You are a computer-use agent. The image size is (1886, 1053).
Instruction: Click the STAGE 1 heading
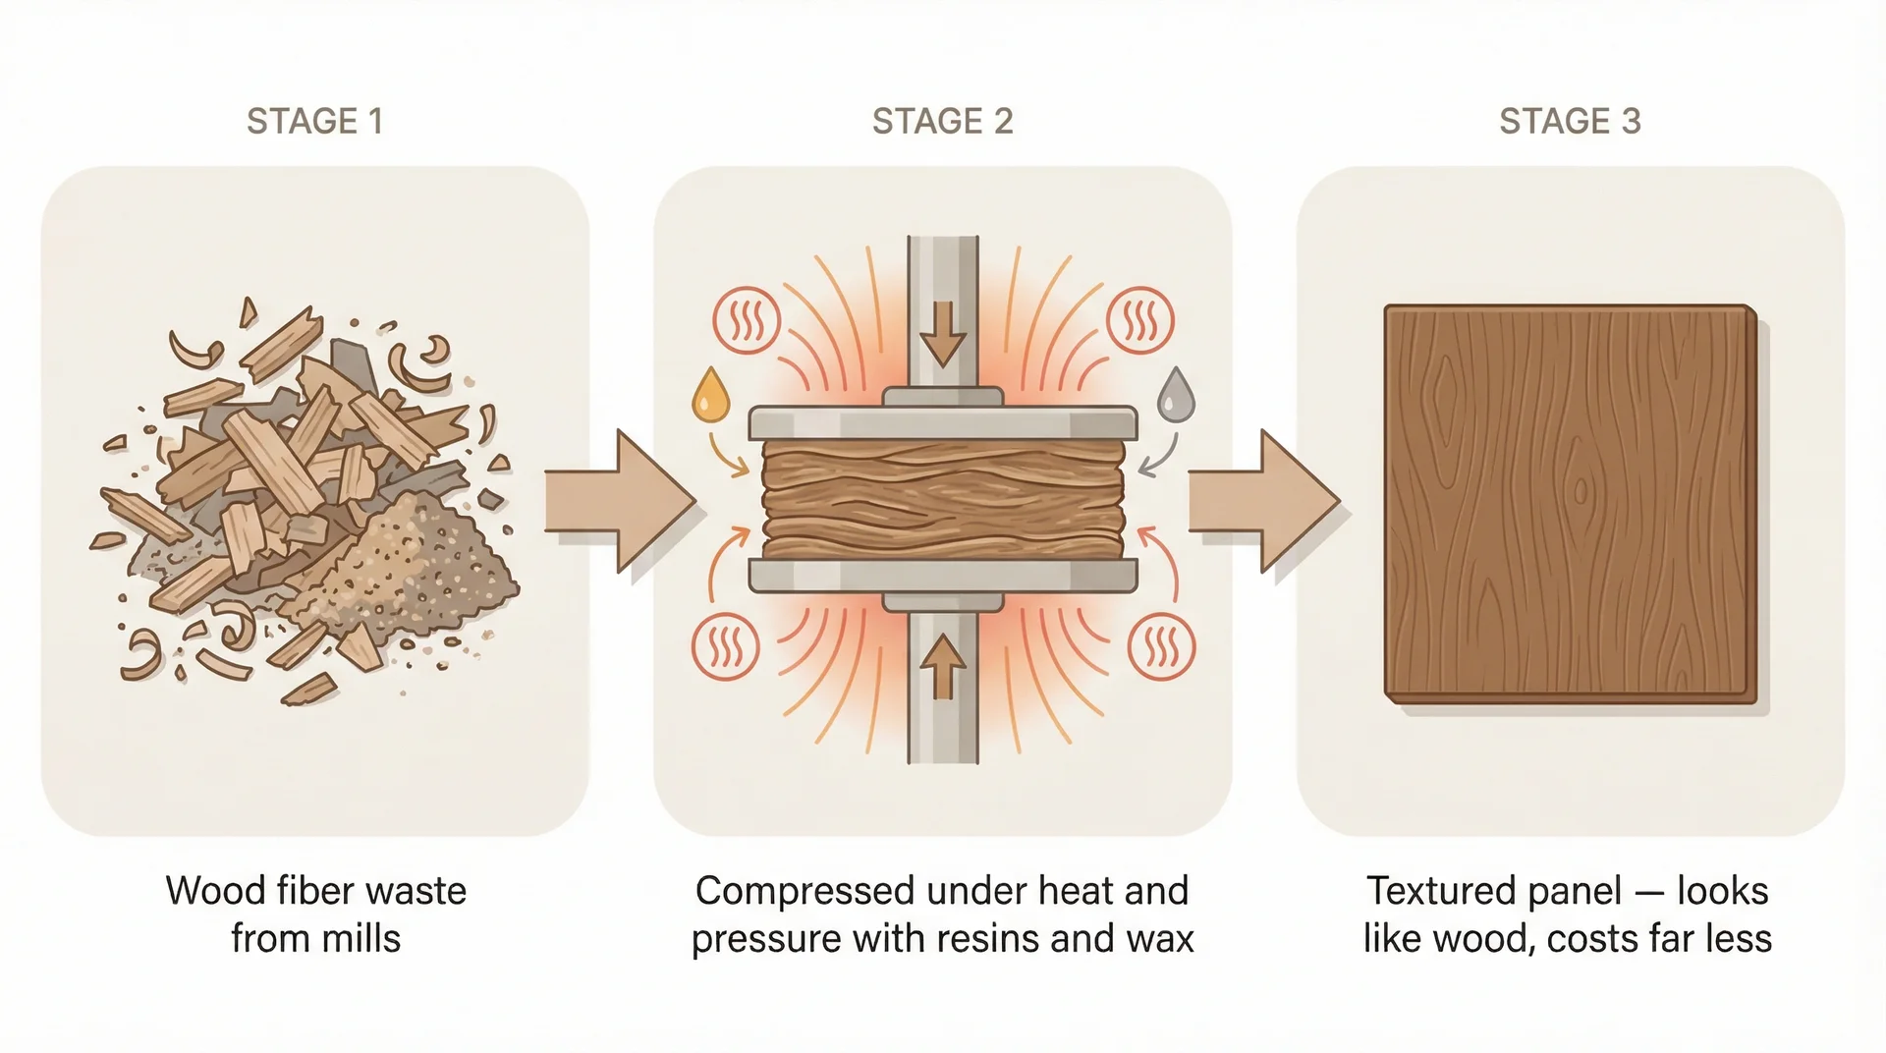(x=314, y=121)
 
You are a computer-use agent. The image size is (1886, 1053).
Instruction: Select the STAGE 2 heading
(x=942, y=121)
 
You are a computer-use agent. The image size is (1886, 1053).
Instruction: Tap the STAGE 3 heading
(x=1569, y=121)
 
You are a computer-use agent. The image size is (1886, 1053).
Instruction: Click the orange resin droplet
(x=710, y=395)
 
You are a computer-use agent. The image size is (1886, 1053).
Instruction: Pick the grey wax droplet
(x=1175, y=395)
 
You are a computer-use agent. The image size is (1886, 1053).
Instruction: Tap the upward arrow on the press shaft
(x=943, y=666)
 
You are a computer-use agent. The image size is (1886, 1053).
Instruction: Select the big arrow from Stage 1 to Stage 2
(x=619, y=501)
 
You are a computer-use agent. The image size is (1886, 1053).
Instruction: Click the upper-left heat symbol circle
(x=747, y=320)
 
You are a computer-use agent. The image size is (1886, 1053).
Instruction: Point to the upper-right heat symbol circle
(x=1139, y=320)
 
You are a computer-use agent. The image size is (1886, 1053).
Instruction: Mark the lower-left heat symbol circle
(x=725, y=646)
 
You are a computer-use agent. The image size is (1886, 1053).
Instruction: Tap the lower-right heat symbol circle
(x=1162, y=646)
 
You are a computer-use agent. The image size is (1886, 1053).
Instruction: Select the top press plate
(x=943, y=422)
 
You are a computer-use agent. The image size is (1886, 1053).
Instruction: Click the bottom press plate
(x=943, y=576)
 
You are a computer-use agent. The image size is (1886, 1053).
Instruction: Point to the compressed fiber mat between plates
(x=943, y=499)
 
